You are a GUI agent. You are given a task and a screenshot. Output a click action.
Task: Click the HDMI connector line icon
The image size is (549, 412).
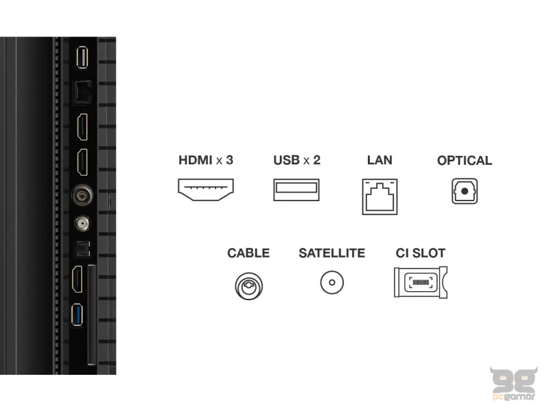point(206,190)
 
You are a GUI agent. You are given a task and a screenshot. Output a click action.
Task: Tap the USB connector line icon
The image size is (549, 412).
point(296,190)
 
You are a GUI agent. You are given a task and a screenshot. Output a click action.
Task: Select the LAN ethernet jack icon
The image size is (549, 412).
point(380,196)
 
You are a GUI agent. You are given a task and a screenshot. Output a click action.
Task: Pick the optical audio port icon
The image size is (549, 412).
point(465,191)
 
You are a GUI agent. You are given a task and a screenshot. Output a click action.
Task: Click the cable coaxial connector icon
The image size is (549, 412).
point(249,286)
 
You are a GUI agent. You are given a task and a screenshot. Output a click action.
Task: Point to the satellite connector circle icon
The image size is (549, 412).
point(332,282)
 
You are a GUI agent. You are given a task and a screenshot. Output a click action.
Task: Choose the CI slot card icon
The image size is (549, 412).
point(421,282)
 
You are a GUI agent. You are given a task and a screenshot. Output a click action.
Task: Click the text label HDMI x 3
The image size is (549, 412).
point(206,160)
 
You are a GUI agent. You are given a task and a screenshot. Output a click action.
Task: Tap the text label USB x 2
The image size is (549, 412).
point(297,160)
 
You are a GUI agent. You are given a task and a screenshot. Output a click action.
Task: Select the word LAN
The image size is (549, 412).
point(379,160)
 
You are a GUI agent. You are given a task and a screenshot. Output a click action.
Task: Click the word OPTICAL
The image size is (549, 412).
point(465,161)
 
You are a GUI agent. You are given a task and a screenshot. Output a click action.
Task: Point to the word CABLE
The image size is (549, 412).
point(248,253)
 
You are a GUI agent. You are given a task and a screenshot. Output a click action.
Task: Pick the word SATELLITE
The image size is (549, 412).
point(332,253)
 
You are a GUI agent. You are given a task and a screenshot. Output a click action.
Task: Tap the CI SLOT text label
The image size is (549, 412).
point(421,253)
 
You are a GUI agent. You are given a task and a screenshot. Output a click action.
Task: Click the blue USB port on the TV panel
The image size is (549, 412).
point(77,314)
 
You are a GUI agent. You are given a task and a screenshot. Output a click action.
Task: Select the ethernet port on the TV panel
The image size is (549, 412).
point(82,92)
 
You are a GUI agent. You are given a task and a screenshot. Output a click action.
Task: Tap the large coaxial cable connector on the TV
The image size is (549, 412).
point(82,195)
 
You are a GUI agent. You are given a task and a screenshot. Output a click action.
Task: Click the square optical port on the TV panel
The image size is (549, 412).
point(83,249)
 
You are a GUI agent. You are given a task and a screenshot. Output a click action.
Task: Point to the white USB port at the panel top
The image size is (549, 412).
point(82,57)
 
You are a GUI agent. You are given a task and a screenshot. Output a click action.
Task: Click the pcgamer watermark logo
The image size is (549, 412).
point(513,384)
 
